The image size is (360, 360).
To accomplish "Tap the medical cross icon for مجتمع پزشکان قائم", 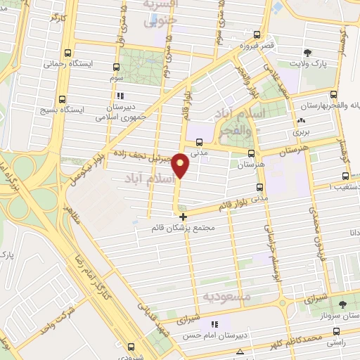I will [184, 217].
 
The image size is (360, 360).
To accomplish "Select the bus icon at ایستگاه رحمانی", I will [67, 52].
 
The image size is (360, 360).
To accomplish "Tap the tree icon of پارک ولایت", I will [307, 53].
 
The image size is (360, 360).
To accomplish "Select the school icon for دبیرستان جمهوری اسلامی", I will [121, 95].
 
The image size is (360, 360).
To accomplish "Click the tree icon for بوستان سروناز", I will [342, 304].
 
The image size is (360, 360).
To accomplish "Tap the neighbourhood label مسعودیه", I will [226, 297].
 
